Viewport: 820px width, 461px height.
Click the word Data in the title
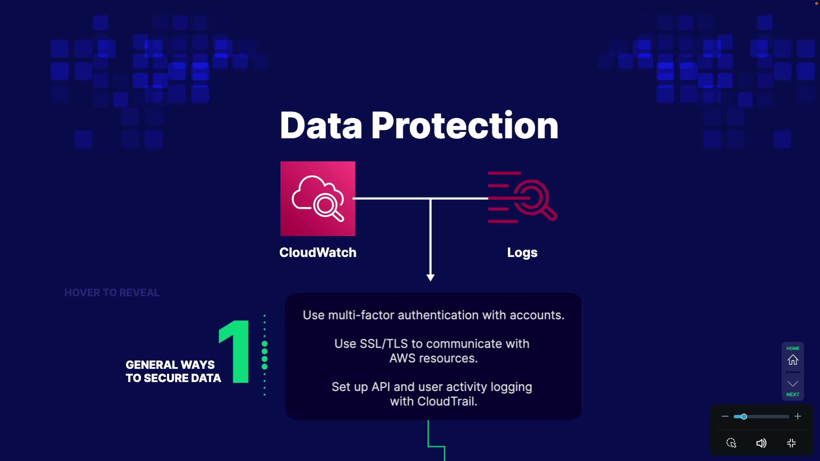pyautogui.click(x=321, y=125)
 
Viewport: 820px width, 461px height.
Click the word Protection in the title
pyautogui.click(x=465, y=125)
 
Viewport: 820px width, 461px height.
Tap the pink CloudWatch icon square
pyautogui.click(x=318, y=198)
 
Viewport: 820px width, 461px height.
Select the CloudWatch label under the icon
pyautogui.click(x=318, y=252)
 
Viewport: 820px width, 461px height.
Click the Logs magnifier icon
pyautogui.click(x=523, y=197)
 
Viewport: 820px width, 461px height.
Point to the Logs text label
pyautogui.click(x=522, y=252)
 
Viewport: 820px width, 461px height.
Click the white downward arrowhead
pyautogui.click(x=430, y=277)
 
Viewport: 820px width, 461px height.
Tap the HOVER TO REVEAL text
pyautogui.click(x=112, y=293)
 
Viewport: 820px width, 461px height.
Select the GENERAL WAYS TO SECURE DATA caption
pyautogui.click(x=173, y=371)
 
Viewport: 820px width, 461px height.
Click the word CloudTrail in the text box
pyautogui.click(x=447, y=401)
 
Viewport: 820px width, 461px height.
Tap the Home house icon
pyautogui.click(x=793, y=360)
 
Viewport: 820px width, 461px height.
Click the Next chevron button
pyautogui.click(x=793, y=384)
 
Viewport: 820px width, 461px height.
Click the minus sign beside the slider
pyautogui.click(x=725, y=416)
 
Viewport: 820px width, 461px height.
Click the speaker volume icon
pyautogui.click(x=761, y=443)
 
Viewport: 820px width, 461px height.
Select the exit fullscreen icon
pyautogui.click(x=791, y=443)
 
